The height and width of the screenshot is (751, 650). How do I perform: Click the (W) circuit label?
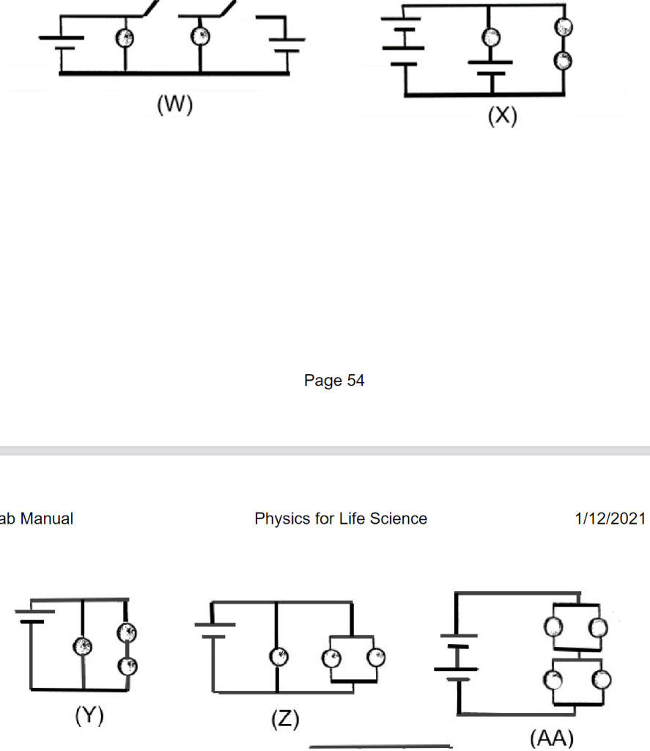174,105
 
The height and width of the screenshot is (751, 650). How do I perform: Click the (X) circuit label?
503,116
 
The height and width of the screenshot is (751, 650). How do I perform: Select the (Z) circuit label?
287,719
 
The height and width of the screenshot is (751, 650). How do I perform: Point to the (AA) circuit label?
551,737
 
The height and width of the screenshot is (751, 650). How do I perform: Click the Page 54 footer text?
334,381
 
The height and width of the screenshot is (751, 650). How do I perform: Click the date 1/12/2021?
610,519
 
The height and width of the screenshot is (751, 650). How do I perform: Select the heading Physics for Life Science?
341,519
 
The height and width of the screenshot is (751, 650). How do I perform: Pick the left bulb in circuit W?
125,37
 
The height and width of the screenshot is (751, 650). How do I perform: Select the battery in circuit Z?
214,630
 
